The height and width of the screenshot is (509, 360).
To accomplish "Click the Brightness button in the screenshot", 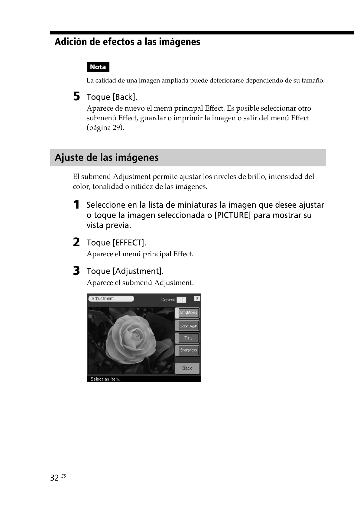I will pyautogui.click(x=189, y=313).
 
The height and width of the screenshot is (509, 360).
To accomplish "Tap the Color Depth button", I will pyautogui.click(x=188, y=326).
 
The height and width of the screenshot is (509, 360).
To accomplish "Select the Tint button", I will pyautogui.click(x=188, y=338).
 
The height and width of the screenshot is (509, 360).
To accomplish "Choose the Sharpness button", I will pyautogui.click(x=188, y=350).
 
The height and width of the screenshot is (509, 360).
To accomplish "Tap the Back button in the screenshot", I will pyautogui.click(x=187, y=368).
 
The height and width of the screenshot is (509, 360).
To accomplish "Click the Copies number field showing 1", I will pyautogui.click(x=182, y=300).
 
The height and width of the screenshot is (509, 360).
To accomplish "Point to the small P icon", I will pyautogui.click(x=197, y=298).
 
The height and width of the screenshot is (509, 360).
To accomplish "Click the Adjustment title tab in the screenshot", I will pyautogui.click(x=111, y=299).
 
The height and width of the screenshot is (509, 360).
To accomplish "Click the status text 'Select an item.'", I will pyautogui.click(x=105, y=379).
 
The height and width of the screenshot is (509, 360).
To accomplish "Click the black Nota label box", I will pyautogui.click(x=98, y=67).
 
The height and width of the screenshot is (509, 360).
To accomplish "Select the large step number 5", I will pyautogui.click(x=77, y=97).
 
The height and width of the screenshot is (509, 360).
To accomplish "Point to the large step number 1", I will pyautogui.click(x=77, y=205).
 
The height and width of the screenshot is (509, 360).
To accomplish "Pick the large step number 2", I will pyautogui.click(x=77, y=242).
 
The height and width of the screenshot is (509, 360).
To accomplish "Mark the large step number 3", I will pyautogui.click(x=77, y=271).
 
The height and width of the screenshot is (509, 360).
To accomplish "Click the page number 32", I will pyautogui.click(x=54, y=478).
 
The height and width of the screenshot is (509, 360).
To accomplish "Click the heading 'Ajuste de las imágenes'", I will pyautogui.click(x=107, y=157).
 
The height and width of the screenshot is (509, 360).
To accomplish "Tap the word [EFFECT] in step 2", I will pyautogui.click(x=129, y=243).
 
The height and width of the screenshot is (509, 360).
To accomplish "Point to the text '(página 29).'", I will pyautogui.click(x=105, y=128).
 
